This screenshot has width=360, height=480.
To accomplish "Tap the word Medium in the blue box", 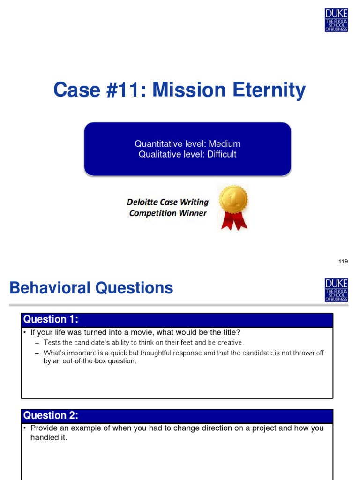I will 225,144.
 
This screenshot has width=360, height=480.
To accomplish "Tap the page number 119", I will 343,262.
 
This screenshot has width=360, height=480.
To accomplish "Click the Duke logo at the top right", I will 336,20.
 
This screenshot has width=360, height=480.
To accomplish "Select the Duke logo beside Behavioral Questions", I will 336,290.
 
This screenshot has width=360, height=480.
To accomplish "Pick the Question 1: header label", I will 51,320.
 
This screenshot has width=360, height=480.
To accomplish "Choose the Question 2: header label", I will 51,415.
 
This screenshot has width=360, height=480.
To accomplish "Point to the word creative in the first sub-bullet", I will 231,343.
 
